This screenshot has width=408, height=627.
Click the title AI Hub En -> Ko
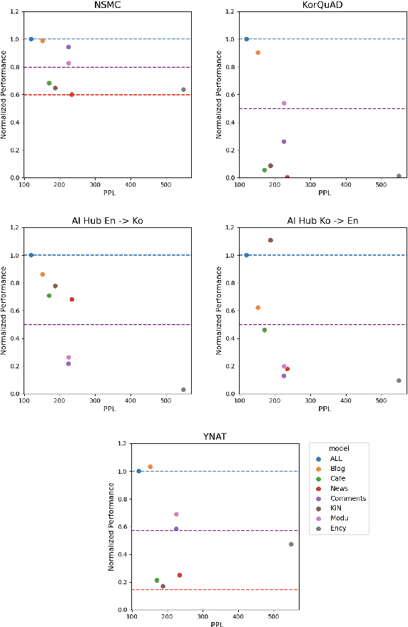(107, 220)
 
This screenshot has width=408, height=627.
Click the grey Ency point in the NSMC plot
(183, 90)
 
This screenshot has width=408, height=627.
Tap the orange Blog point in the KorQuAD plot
(257, 53)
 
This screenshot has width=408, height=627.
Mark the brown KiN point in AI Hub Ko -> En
(270, 240)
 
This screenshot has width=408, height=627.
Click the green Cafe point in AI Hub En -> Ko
(49, 296)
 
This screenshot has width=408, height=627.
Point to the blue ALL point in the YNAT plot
(138, 471)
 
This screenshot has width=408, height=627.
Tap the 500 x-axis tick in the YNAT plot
(273, 616)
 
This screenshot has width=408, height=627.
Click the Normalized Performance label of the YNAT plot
(112, 526)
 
